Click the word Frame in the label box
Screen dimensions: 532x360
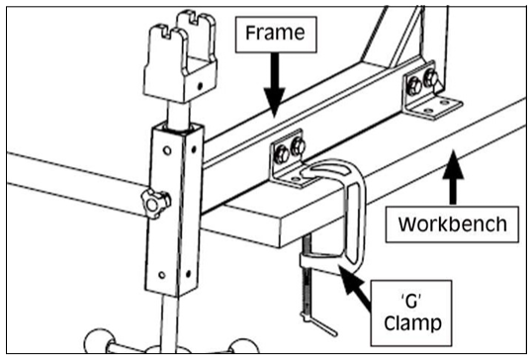(275, 33)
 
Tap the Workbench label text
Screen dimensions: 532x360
(452, 224)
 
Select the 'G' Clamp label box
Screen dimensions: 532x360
(411, 313)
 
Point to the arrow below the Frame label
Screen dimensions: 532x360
(275, 85)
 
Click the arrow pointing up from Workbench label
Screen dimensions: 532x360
(453, 177)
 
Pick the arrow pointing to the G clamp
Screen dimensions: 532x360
(356, 288)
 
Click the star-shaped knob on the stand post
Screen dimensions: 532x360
(155, 204)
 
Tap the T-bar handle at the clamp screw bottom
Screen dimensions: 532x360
(319, 323)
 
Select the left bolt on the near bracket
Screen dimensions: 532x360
(282, 154)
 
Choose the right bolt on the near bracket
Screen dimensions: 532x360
(299, 146)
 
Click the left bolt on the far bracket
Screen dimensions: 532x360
(414, 86)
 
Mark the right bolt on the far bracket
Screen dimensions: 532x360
(430, 78)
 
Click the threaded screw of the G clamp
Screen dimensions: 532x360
(308, 276)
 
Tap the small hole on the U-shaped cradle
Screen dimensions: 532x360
(200, 86)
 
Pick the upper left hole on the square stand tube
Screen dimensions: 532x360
(167, 150)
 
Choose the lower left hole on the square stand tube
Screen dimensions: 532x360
(162, 275)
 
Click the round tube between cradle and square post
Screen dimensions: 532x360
(180, 115)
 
